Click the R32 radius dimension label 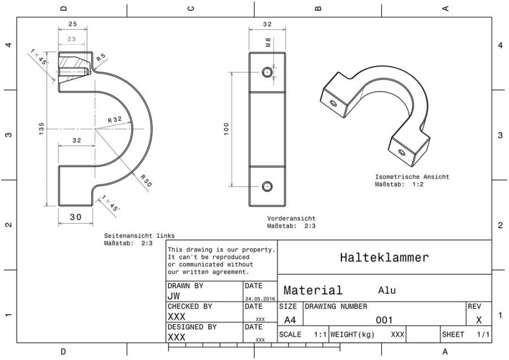tap(115, 120)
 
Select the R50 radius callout tap(146, 181)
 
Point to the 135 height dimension tap(41, 129)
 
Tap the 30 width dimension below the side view tap(76, 217)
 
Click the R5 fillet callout tap(101, 58)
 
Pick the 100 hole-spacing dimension tap(226, 129)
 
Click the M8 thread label tap(268, 42)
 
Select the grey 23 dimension tap(72, 39)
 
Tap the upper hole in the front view tap(267, 72)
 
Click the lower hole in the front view tap(267, 186)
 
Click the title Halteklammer tap(385, 258)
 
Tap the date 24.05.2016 tap(260, 299)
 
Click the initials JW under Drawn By tap(174, 296)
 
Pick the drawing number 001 tap(385, 320)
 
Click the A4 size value tap(290, 320)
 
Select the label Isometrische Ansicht tap(412, 177)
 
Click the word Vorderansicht tap(291, 219)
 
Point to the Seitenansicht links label tap(139, 236)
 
